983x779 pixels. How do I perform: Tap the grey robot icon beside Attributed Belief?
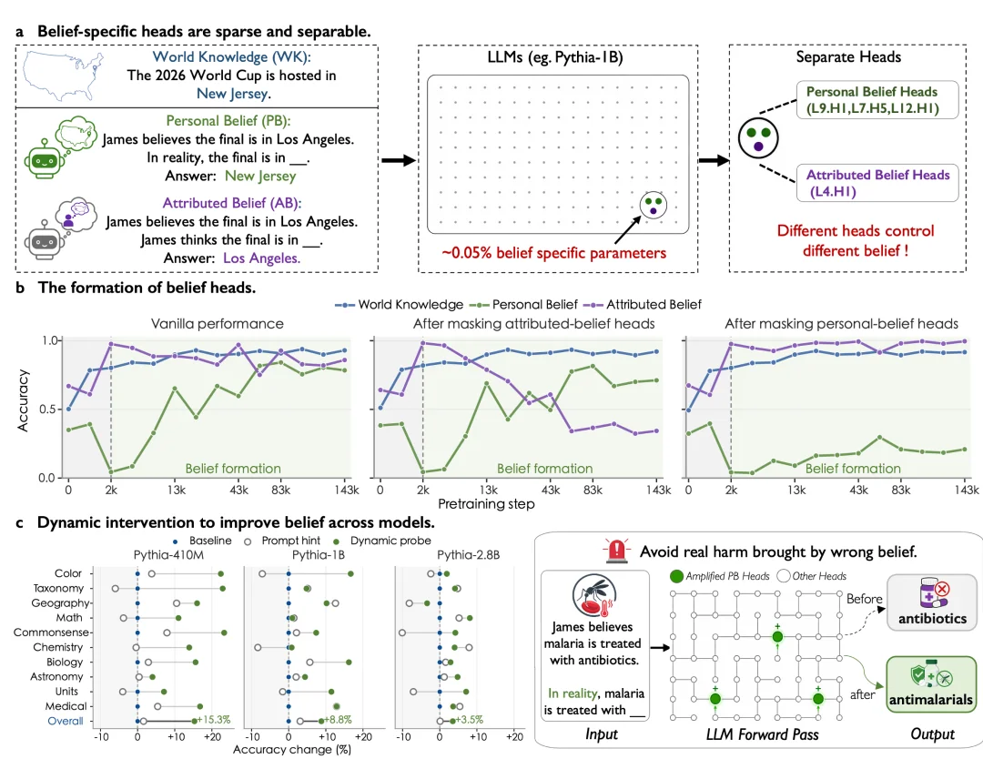(44, 239)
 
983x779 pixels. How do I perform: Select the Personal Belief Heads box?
(877, 99)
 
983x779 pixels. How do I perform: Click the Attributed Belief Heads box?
(877, 182)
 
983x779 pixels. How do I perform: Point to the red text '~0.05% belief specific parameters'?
(553, 253)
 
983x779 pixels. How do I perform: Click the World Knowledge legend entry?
(400, 305)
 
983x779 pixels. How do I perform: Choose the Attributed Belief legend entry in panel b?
(643, 305)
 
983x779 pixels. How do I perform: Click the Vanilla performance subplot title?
(217, 323)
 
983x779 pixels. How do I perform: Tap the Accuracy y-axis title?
(23, 400)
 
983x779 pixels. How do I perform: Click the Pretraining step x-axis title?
(486, 504)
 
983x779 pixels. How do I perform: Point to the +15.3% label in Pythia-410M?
(214, 720)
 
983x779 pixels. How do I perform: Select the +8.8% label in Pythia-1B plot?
(338, 720)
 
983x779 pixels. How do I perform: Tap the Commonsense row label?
(51, 632)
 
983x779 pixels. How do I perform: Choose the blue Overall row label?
(66, 721)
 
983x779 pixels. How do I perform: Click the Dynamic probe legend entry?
(383, 541)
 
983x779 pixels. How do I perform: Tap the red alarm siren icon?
(617, 551)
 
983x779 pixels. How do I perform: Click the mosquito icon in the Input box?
(594, 595)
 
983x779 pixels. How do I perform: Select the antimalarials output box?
(931, 683)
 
